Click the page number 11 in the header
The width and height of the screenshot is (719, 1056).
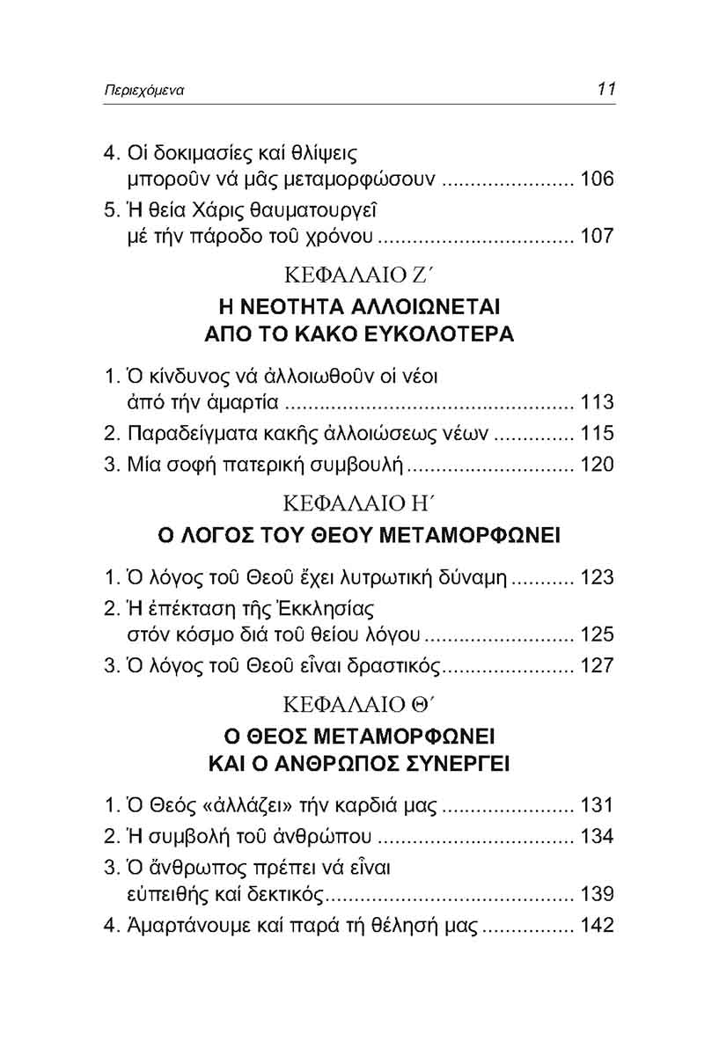click(605, 89)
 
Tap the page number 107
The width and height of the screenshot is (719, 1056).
click(597, 236)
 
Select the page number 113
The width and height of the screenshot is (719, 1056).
click(597, 404)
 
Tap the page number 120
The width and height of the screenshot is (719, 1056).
click(597, 465)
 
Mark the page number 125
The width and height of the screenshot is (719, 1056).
click(597, 634)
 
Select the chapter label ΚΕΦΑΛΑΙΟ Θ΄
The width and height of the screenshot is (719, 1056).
click(358, 705)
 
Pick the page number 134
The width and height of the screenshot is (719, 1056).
click(597, 836)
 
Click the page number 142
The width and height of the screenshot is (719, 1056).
click(597, 926)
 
